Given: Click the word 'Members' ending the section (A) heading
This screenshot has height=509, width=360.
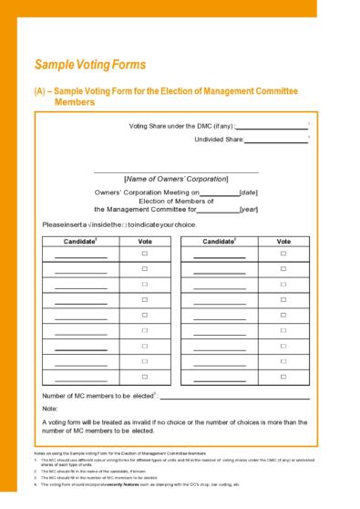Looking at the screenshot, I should [77, 103].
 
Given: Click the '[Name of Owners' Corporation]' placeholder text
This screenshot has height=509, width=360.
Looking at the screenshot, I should [176, 179].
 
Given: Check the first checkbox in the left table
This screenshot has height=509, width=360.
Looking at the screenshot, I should [144, 253].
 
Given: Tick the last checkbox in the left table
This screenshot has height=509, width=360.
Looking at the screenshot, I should [144, 376].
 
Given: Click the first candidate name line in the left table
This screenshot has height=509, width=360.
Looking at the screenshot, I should [80, 257].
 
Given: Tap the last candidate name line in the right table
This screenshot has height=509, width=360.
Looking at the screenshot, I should [219, 380].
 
